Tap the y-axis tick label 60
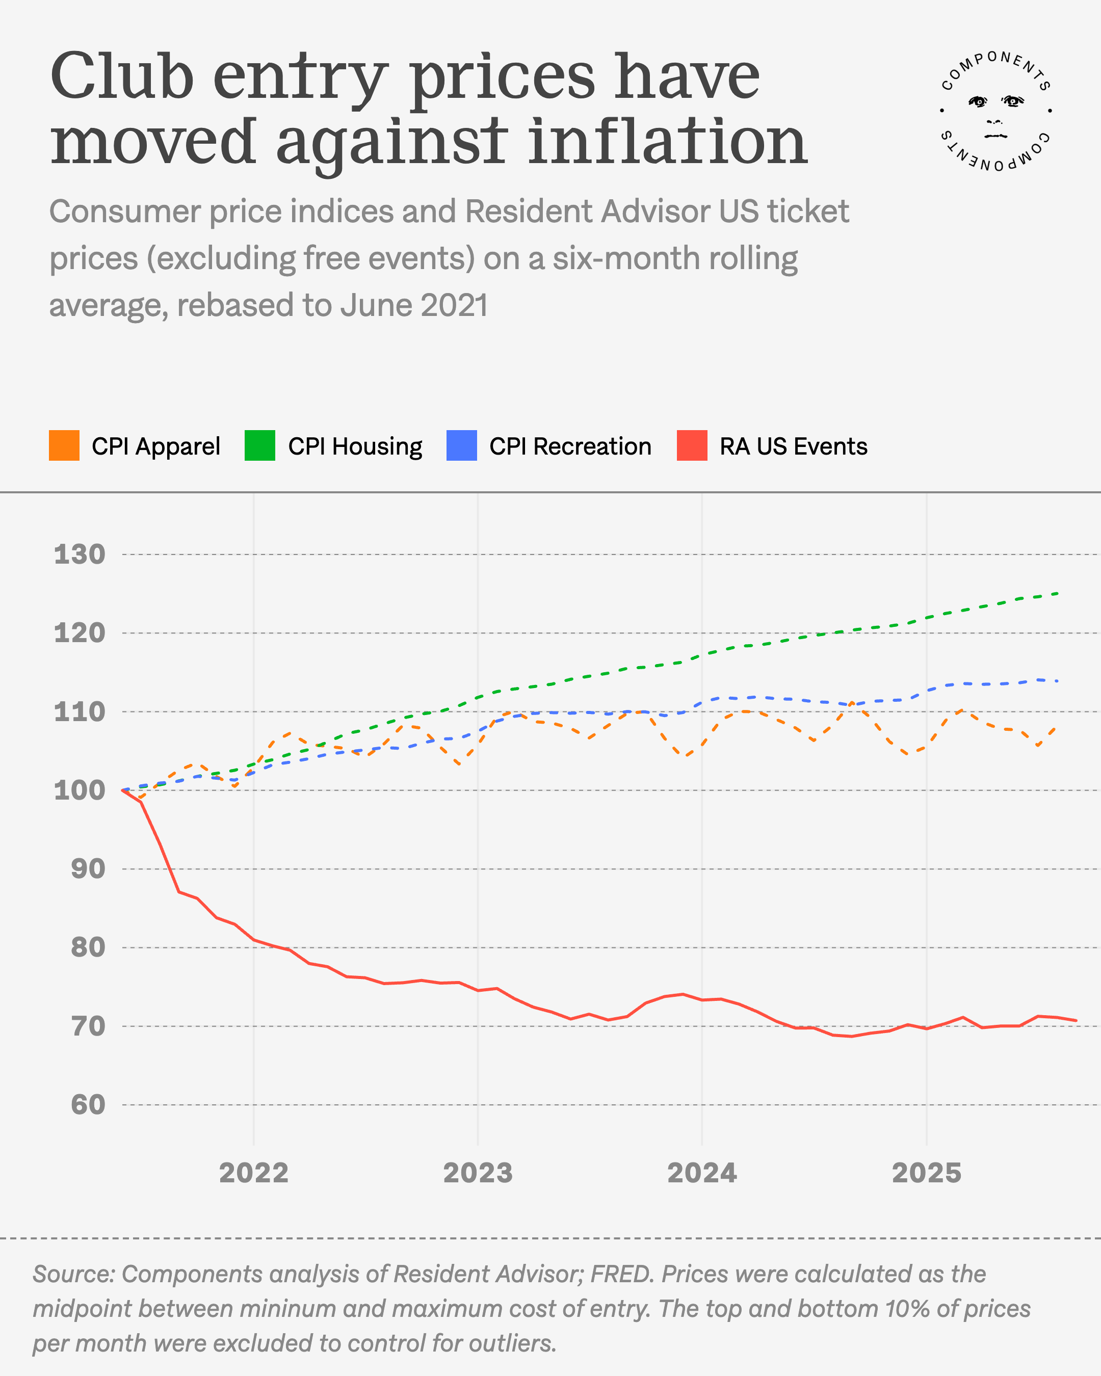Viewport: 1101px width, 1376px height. tap(88, 1104)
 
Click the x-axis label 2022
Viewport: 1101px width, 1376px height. tap(253, 1173)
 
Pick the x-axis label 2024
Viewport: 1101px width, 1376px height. tap(701, 1173)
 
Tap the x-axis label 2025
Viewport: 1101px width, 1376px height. tap(926, 1173)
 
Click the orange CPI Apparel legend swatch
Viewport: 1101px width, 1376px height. tap(64, 445)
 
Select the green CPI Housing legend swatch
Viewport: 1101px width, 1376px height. tap(260, 445)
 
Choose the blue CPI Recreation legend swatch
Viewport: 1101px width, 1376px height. tap(461, 445)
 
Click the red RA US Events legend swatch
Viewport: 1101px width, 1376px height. tap(692, 445)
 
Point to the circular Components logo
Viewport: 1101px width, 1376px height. tap(995, 111)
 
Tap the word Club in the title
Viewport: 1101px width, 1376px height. tap(121, 76)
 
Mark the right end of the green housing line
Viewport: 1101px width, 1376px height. tap(1058, 593)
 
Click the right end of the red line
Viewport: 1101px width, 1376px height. tap(1076, 1020)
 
